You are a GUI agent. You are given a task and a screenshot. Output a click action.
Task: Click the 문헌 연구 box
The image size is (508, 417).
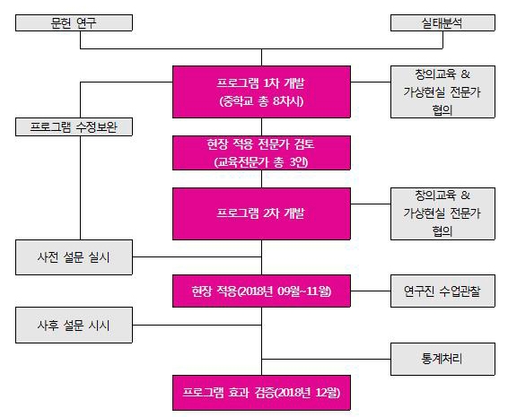[x=74, y=22]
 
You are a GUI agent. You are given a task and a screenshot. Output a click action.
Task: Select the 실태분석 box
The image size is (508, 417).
[x=442, y=22]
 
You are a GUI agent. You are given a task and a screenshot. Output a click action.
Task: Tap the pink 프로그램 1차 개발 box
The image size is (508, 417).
[x=261, y=92]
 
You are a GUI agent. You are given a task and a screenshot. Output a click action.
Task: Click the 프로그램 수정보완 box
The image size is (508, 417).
[x=74, y=127]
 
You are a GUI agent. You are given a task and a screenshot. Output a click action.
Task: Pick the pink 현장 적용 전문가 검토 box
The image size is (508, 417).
[x=261, y=152]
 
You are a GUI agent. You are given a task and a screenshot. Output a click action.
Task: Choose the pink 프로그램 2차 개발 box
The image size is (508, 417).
[x=261, y=213]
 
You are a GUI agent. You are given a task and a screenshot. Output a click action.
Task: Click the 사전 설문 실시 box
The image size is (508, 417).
[x=74, y=257]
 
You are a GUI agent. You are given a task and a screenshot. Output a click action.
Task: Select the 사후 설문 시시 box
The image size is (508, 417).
[x=74, y=325]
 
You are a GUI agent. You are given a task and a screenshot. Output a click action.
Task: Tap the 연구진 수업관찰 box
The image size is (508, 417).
[x=442, y=291]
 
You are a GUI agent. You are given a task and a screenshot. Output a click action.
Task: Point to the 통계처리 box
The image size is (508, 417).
[x=442, y=359]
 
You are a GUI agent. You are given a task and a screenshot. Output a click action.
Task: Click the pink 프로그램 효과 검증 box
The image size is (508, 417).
[x=261, y=393]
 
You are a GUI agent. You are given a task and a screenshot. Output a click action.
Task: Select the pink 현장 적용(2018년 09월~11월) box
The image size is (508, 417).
[x=261, y=291]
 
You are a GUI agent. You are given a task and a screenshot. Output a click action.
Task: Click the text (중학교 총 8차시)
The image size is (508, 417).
[x=261, y=101]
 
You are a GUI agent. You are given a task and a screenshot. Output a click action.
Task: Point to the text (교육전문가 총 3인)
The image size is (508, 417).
[x=261, y=162]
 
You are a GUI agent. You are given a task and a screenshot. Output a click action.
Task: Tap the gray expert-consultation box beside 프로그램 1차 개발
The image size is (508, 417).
[x=442, y=92]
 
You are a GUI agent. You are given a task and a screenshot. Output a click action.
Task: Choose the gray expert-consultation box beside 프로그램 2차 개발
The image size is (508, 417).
[x=442, y=213]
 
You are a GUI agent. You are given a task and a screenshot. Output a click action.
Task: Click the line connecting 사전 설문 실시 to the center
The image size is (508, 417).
[x=197, y=257]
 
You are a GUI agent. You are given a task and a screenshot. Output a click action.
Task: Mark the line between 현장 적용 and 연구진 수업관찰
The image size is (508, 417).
[x=371, y=291]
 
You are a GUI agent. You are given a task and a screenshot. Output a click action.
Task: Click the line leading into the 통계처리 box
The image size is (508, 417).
[x=326, y=359]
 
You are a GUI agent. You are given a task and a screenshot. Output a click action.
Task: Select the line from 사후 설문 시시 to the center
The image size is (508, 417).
[x=197, y=325]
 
